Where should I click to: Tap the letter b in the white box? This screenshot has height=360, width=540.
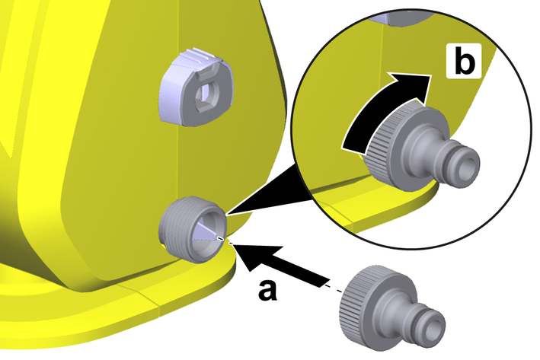tap(465, 61)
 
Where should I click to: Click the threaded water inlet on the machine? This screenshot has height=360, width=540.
tap(192, 230)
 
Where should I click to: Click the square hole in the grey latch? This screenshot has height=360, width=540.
tap(206, 94)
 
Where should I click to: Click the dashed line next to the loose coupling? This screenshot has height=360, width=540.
tap(334, 289)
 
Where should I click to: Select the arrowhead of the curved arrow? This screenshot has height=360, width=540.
tap(411, 87)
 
